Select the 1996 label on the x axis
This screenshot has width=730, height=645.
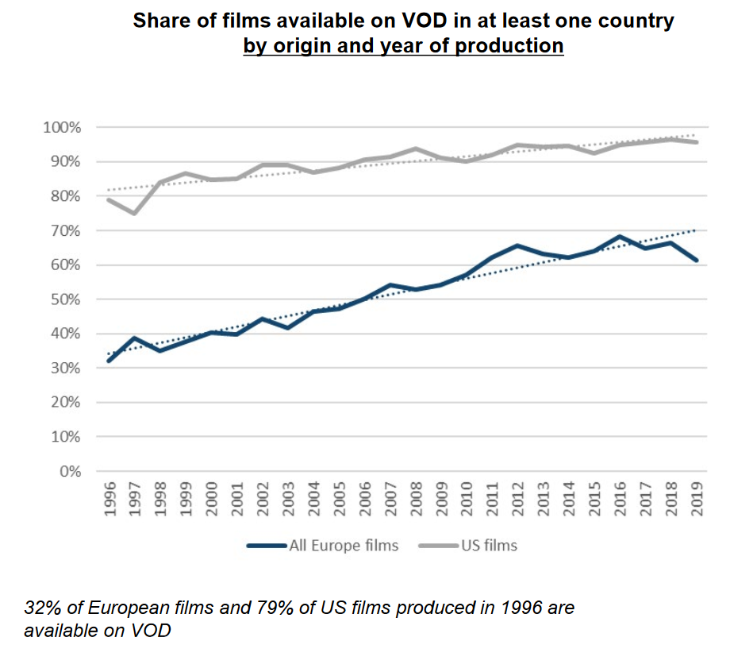pos(109,500)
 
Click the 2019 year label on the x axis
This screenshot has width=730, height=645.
pos(697,500)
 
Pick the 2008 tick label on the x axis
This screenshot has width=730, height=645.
pos(416,500)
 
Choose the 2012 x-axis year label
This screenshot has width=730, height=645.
pos(518,500)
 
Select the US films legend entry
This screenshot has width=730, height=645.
pos(487,545)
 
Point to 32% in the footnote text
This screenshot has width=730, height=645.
pos(41,608)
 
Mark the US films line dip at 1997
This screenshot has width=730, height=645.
pos(135,213)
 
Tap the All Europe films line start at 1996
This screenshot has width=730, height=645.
pos(109,361)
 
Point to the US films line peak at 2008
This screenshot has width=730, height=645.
pos(416,149)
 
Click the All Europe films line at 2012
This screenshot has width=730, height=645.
pos(518,245)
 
